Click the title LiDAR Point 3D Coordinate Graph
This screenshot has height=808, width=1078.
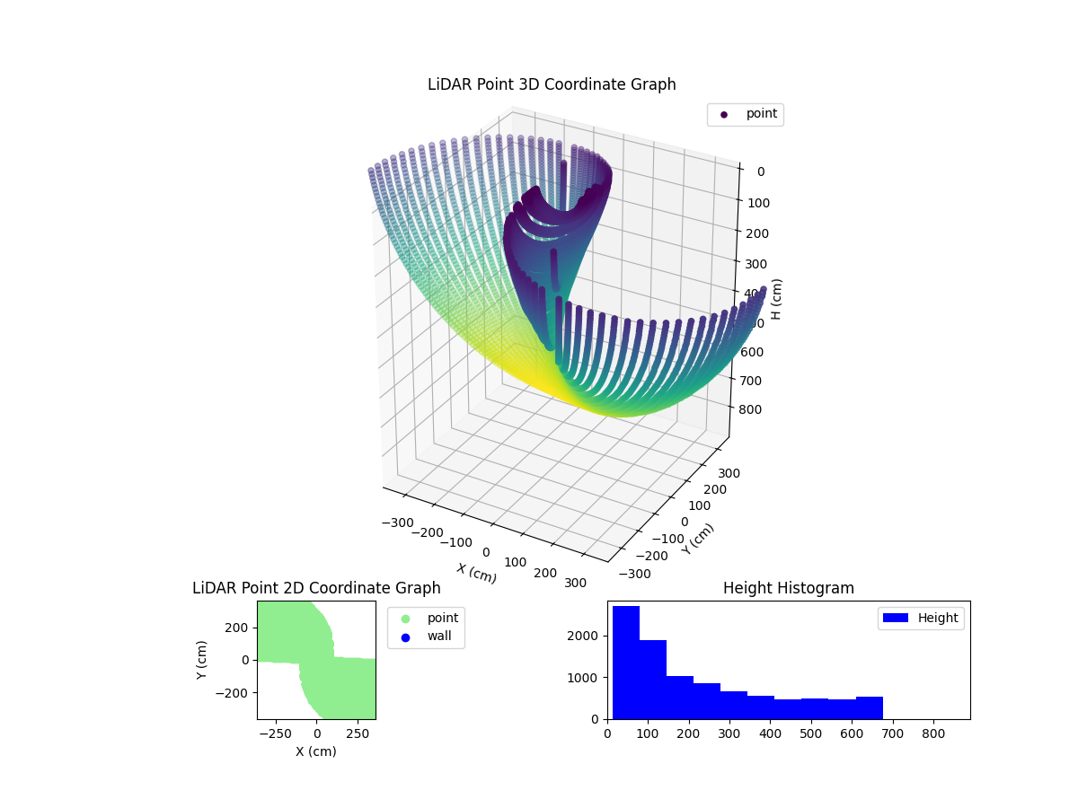click(x=552, y=84)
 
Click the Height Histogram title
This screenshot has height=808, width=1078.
click(x=788, y=588)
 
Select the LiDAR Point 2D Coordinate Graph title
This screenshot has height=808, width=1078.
click(x=316, y=588)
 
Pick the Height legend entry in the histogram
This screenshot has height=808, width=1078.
click(x=921, y=618)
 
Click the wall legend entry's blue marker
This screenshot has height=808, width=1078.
click(x=405, y=637)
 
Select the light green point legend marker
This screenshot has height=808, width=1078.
click(x=405, y=619)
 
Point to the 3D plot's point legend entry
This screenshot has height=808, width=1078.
click(x=745, y=114)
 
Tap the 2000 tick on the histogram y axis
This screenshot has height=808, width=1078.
click(x=591, y=636)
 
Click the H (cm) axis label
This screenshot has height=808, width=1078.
click(x=777, y=299)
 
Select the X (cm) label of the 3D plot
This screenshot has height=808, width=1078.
click(x=476, y=573)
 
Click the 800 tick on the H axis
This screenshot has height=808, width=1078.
click(x=755, y=410)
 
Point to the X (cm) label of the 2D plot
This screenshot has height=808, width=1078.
click(x=316, y=751)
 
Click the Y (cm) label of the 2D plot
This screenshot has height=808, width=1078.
click(x=202, y=660)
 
